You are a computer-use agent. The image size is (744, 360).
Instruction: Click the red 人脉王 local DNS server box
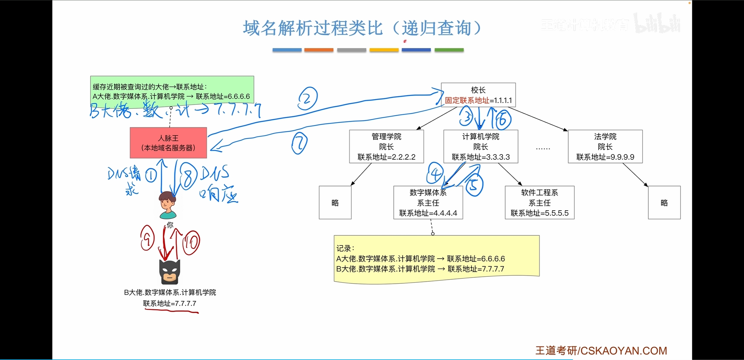(168, 143)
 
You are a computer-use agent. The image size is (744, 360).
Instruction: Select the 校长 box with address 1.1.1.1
(478, 95)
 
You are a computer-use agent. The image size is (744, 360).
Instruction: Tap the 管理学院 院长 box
(386, 147)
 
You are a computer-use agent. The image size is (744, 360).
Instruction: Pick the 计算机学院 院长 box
(481, 147)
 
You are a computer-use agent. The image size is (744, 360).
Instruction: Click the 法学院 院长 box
(605, 147)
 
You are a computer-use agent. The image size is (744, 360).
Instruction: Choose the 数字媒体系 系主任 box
(428, 203)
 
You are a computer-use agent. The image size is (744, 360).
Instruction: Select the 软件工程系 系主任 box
(539, 203)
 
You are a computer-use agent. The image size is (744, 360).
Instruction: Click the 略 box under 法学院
(664, 203)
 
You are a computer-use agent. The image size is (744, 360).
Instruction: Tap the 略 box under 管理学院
(335, 203)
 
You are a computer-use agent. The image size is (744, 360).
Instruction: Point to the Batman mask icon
(170, 272)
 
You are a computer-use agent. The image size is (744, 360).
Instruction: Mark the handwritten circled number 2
(307, 99)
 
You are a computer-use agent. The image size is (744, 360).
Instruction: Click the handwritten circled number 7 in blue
(299, 143)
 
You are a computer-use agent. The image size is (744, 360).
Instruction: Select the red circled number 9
(147, 238)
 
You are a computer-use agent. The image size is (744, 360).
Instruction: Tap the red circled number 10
(191, 243)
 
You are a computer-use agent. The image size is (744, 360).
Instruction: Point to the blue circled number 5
(474, 185)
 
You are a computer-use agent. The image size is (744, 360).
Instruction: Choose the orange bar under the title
(319, 50)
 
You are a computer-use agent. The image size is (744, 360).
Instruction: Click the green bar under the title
(449, 50)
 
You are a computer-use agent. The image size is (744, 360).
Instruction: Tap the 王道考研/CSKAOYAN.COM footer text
(601, 351)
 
